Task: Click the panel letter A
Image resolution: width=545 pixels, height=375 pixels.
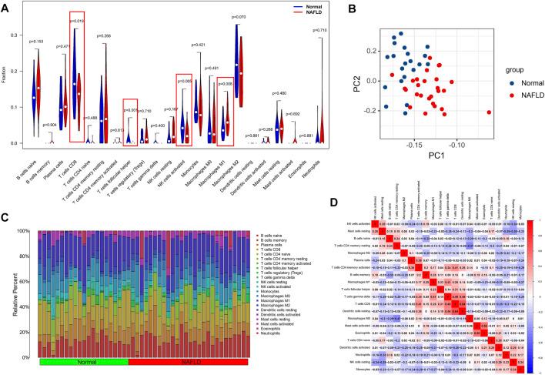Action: pos(6,7)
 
